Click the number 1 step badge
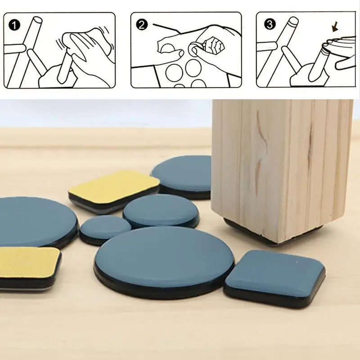(14, 25)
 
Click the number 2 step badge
(142, 25)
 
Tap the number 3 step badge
(269, 24)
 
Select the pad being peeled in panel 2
(195, 48)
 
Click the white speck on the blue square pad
(297, 262)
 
